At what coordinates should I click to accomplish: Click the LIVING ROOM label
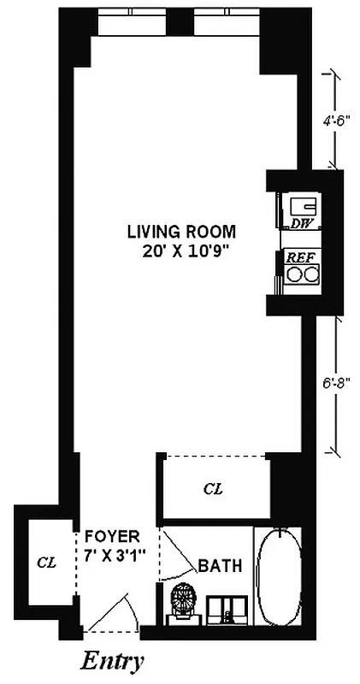pyautogui.click(x=180, y=232)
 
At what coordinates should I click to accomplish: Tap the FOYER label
pyautogui.click(x=111, y=537)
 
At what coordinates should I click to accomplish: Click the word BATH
pyautogui.click(x=221, y=566)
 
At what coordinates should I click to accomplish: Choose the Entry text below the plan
pyautogui.click(x=112, y=661)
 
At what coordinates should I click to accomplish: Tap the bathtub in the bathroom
pyautogui.click(x=279, y=579)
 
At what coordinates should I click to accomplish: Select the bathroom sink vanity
pyautogui.click(x=227, y=606)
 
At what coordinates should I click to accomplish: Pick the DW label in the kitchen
pyautogui.click(x=299, y=224)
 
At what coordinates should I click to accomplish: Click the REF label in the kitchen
pyautogui.click(x=299, y=256)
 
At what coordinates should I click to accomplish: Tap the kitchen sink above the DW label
pyautogui.click(x=301, y=206)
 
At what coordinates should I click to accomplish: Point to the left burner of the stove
pyautogui.click(x=292, y=275)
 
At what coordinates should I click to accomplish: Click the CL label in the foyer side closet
pyautogui.click(x=46, y=563)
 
